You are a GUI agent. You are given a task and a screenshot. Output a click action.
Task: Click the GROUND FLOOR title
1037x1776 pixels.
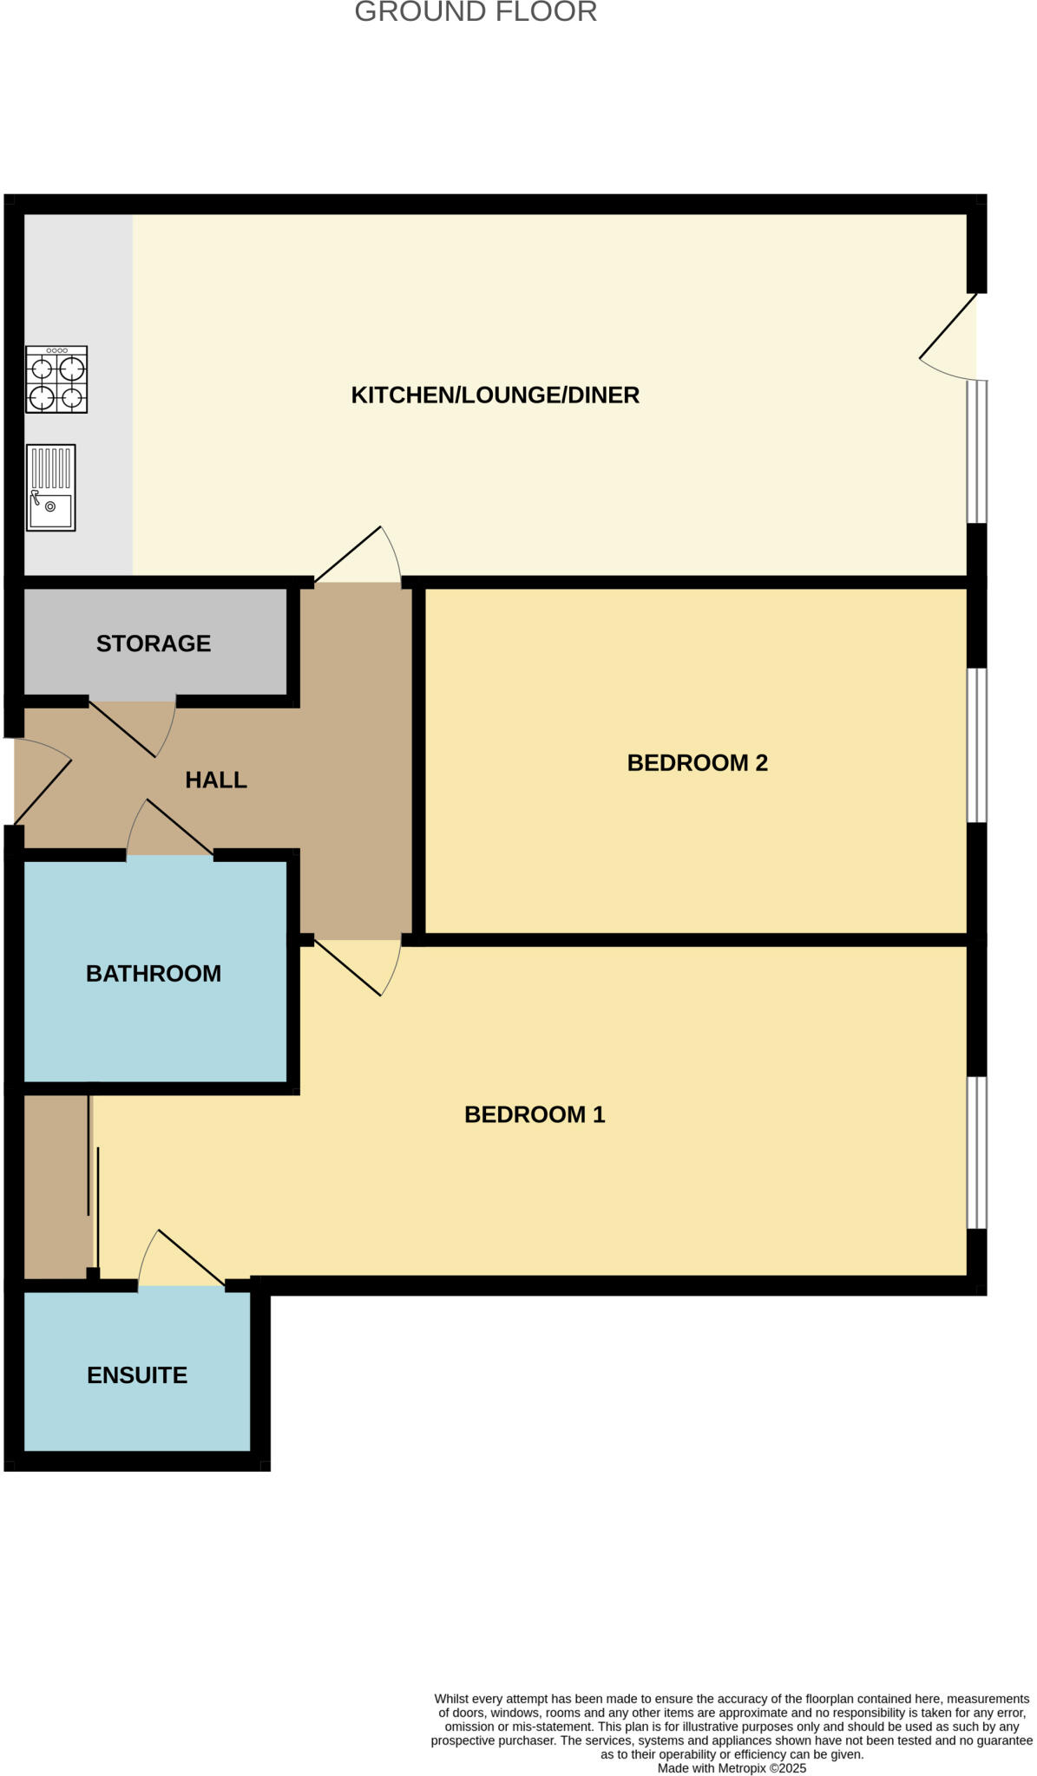click(x=476, y=12)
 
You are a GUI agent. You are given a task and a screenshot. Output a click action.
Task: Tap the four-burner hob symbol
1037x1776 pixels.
click(x=56, y=379)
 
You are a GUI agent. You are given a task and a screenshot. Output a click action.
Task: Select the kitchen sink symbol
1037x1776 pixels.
click(x=51, y=487)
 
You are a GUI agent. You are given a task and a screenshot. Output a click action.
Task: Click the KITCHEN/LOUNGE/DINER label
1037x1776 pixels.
click(x=495, y=395)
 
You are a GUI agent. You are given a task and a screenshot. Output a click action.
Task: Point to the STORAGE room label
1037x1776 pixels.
click(x=154, y=643)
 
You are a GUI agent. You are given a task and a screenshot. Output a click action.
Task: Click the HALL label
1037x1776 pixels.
click(x=216, y=780)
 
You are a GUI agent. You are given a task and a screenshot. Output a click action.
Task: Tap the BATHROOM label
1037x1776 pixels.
click(x=154, y=973)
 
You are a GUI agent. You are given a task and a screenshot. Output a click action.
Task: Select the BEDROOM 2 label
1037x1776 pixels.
click(x=697, y=762)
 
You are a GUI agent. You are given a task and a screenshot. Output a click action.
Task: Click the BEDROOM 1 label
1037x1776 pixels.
click(x=535, y=1114)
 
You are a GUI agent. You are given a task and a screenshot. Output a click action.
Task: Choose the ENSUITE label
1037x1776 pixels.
click(x=137, y=1375)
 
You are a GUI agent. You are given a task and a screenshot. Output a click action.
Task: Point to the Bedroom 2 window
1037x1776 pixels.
click(x=976, y=745)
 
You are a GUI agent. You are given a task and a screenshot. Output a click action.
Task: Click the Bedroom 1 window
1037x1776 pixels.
click(x=976, y=1152)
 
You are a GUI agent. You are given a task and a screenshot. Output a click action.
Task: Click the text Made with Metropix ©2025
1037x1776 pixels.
click(x=732, y=1768)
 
